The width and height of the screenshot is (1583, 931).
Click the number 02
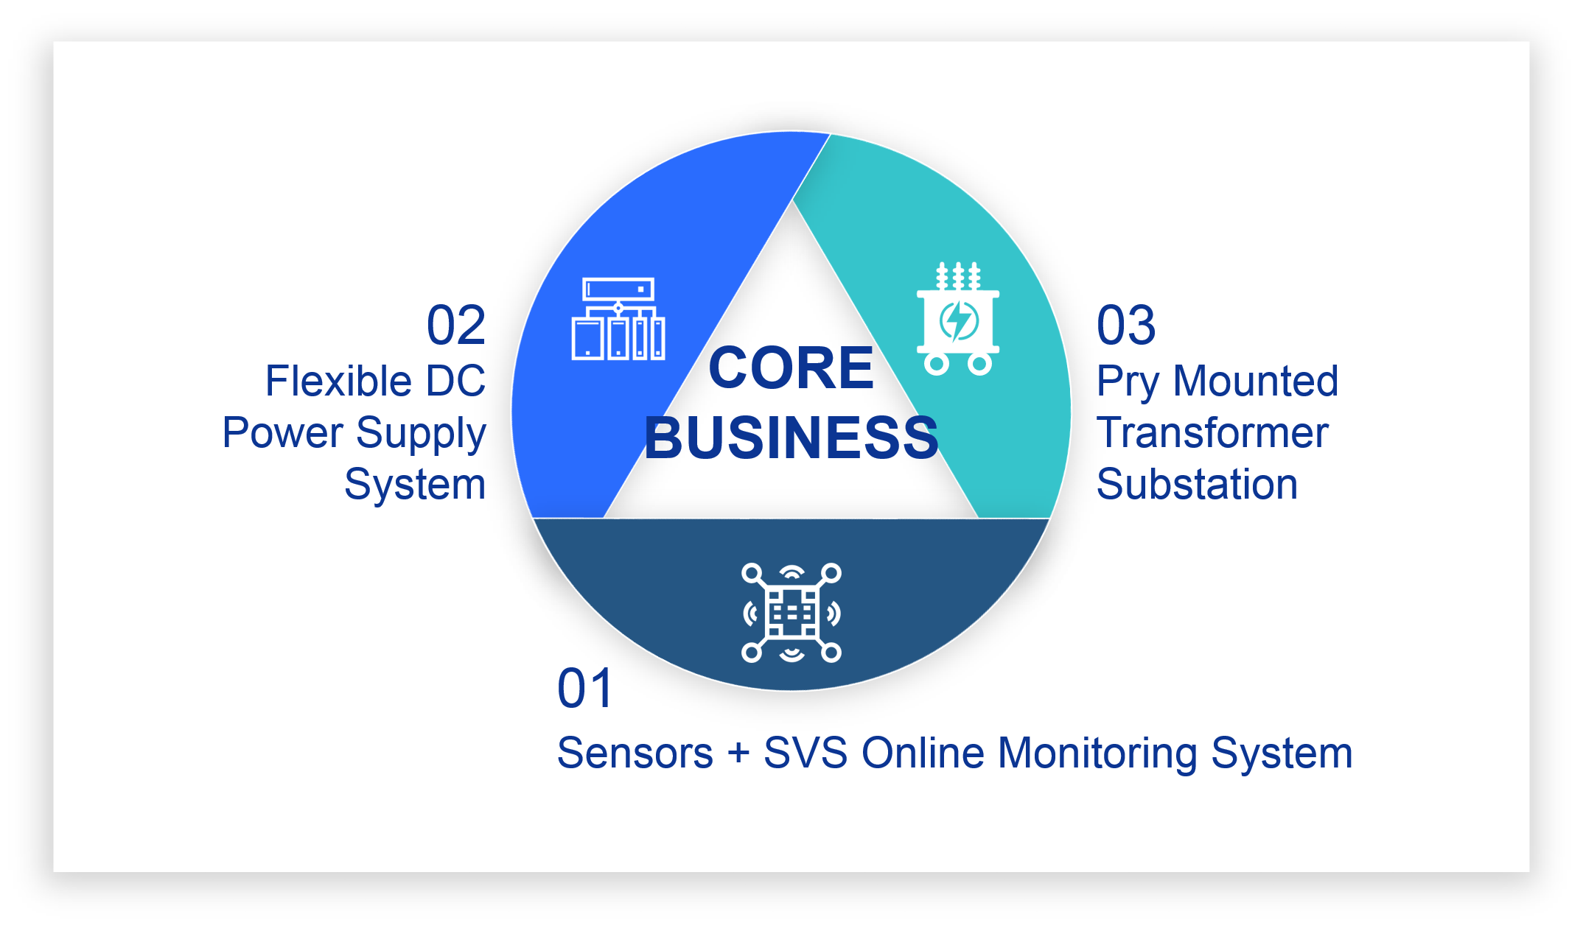click(456, 325)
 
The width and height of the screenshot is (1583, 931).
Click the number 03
click(1125, 325)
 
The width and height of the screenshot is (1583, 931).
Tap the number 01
click(585, 689)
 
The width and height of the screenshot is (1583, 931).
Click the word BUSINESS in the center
click(791, 438)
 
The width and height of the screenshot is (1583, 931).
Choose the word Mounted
click(1255, 381)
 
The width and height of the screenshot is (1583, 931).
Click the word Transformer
click(1212, 432)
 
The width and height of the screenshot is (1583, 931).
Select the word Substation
click(1197, 484)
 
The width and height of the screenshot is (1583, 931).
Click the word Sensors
click(635, 753)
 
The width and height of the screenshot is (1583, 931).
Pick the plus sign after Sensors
click(738, 754)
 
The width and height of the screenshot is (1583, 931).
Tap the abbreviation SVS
click(805, 753)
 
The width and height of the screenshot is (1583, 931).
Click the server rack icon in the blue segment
click(618, 319)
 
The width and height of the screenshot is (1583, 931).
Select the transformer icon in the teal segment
click(958, 318)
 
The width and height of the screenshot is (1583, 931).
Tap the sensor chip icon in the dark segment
click(791, 613)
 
